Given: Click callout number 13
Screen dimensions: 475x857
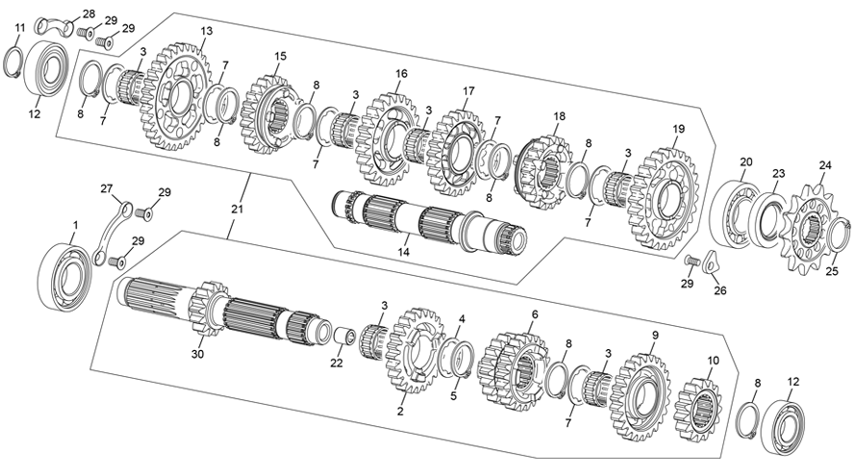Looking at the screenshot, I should pos(206,32).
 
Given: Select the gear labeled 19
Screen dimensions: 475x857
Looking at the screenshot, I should pos(663,196).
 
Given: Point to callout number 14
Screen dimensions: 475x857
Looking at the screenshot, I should pos(404,252).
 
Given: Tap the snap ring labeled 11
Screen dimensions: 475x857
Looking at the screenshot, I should pos(16,61).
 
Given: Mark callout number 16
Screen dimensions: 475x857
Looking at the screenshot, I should pos(400,73).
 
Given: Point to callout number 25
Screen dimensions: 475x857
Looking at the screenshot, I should pos(830,272).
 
